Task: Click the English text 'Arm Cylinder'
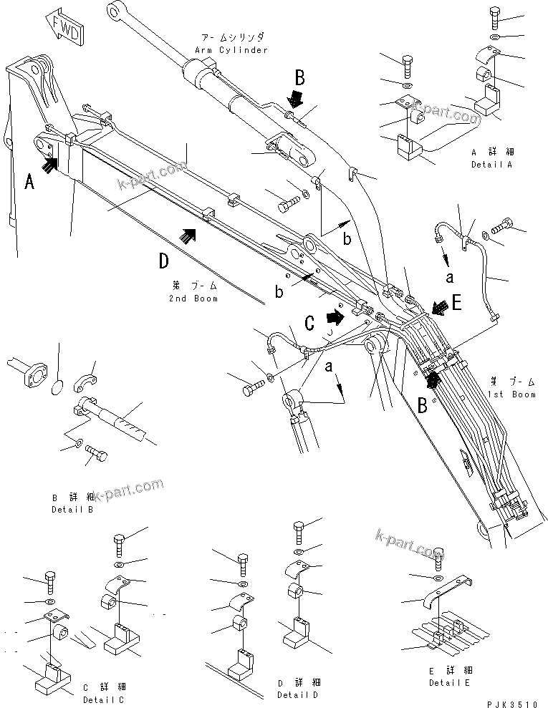[231, 50]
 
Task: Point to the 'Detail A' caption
[493, 165]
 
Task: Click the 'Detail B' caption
[73, 510]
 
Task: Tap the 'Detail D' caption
[298, 694]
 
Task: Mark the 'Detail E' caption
[451, 682]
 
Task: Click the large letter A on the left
[29, 183]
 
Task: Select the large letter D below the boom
[164, 261]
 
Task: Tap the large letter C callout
[309, 324]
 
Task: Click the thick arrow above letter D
[188, 234]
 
